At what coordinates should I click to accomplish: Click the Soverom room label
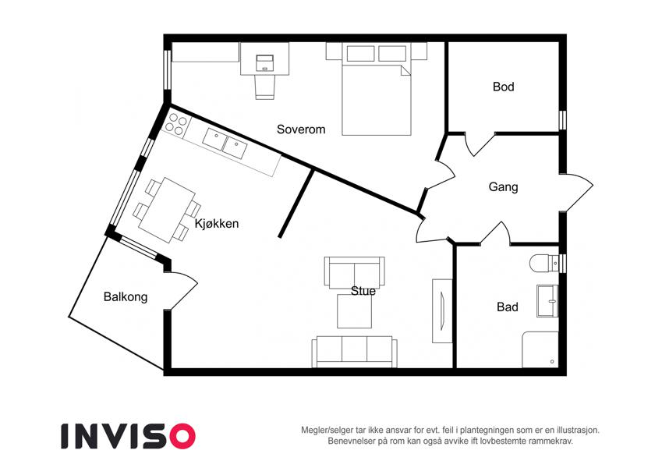(301, 129)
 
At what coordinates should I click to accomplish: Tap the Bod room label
(503, 87)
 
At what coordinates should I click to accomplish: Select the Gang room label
(503, 186)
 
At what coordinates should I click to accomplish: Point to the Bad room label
(507, 307)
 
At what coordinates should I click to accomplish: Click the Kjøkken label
(217, 223)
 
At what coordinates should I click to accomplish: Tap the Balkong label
(126, 297)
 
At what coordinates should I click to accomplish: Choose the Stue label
(363, 291)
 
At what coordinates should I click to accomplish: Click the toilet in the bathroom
(543, 263)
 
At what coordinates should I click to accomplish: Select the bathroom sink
(547, 301)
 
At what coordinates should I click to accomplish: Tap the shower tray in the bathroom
(541, 349)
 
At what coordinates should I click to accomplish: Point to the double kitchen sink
(225, 144)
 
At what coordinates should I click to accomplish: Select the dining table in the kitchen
(167, 210)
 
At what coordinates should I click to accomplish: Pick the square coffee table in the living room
(354, 311)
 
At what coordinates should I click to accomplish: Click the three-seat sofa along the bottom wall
(354, 352)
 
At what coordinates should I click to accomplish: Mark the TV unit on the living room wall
(442, 310)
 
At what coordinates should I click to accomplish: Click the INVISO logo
(129, 436)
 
